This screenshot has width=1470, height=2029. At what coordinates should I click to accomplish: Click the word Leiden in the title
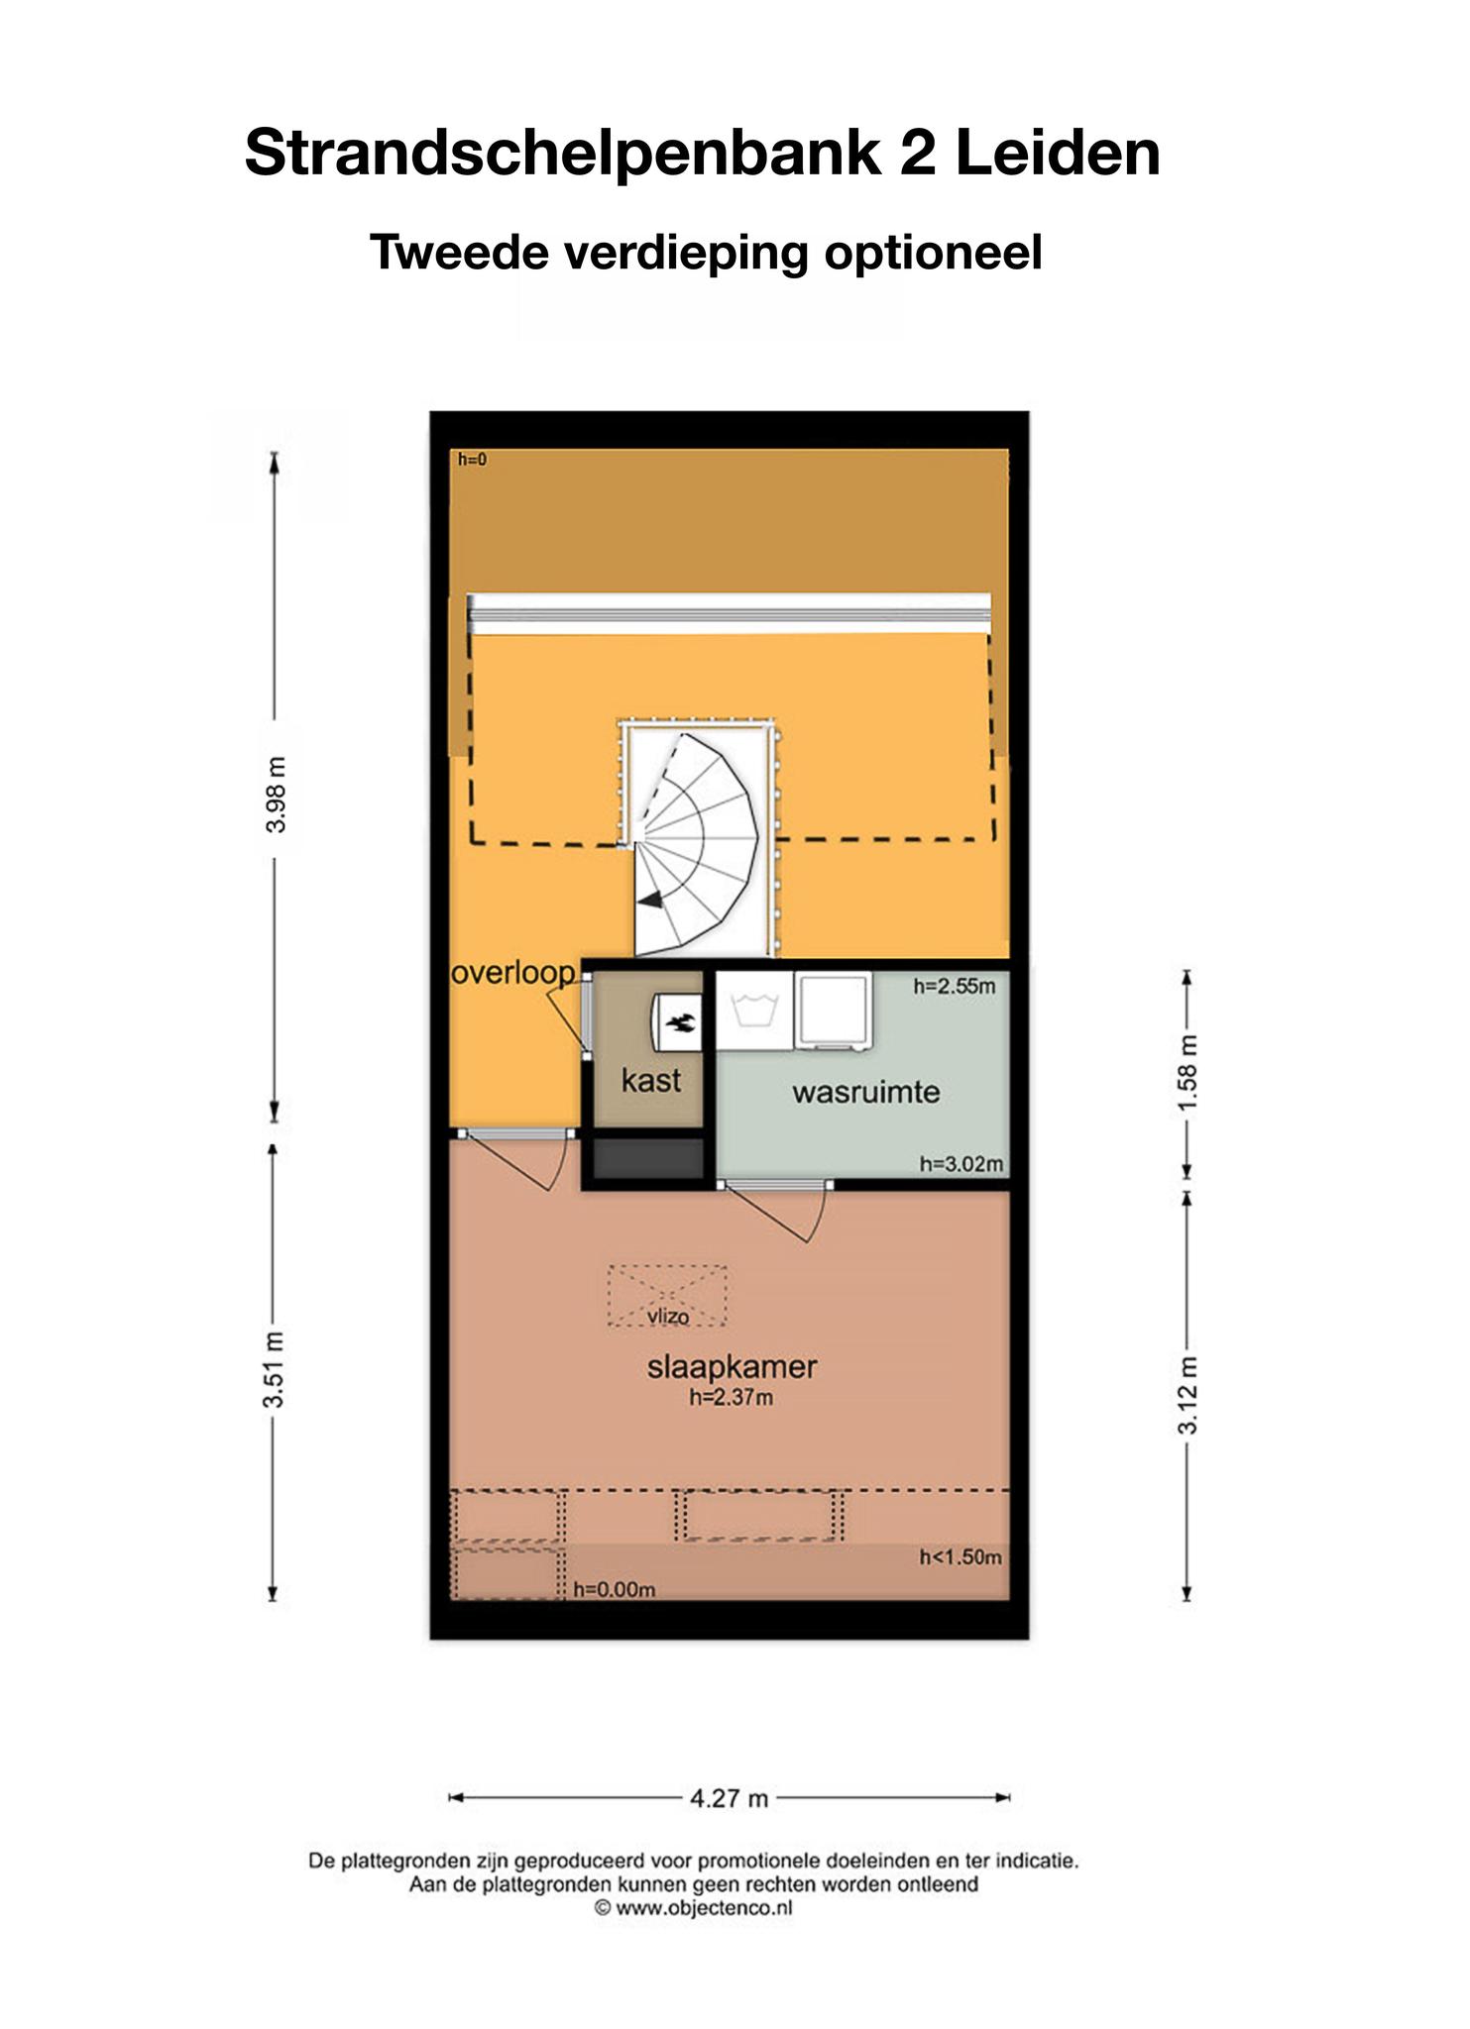click(1058, 155)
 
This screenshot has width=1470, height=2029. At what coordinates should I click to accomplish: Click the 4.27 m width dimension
click(730, 1798)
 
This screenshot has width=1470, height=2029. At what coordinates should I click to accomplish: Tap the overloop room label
click(512, 975)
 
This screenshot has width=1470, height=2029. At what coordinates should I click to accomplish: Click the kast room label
click(650, 1080)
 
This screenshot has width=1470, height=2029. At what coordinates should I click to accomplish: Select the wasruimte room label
click(865, 1093)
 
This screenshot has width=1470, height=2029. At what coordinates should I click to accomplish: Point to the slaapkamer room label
click(732, 1367)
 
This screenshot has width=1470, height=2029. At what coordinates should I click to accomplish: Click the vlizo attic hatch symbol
click(667, 1295)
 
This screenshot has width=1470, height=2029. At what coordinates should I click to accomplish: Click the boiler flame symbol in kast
click(680, 1022)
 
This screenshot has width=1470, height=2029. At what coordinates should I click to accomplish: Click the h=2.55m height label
click(954, 986)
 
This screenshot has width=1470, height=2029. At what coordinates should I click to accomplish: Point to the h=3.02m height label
click(961, 1164)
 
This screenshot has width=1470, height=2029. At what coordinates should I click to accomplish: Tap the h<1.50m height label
click(961, 1556)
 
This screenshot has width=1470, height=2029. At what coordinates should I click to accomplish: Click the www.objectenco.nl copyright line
click(694, 1907)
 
